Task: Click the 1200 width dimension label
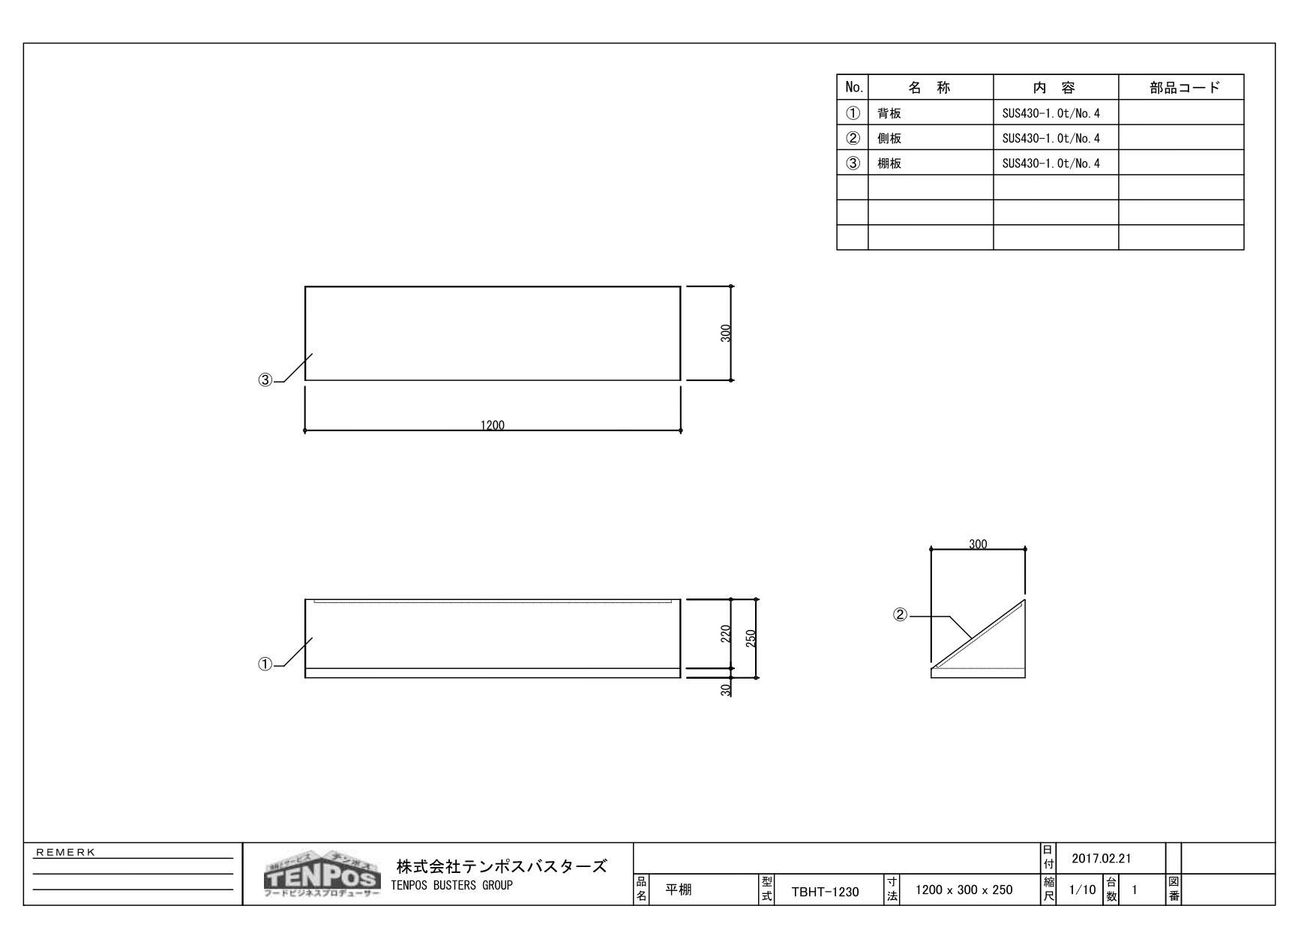(493, 425)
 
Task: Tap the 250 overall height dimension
(751, 637)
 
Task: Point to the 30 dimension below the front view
(726, 689)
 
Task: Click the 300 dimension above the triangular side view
(978, 544)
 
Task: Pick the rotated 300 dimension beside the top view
(726, 333)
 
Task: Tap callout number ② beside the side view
(900, 615)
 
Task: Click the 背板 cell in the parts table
(889, 113)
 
